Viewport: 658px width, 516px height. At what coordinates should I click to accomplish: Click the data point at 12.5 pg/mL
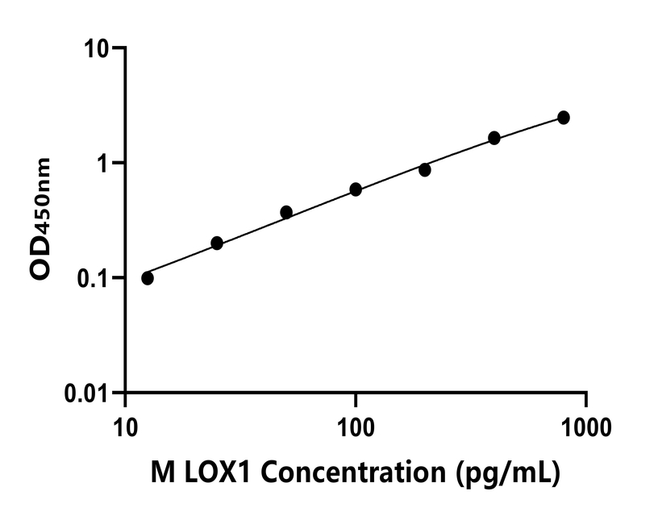click(148, 278)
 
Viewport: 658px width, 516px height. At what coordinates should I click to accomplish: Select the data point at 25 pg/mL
click(217, 243)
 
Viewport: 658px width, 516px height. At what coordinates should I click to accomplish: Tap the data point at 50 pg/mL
click(286, 212)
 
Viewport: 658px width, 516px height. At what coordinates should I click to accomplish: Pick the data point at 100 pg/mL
click(356, 189)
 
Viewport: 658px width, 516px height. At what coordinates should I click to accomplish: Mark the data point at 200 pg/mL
click(425, 170)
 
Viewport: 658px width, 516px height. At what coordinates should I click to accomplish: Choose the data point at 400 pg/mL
click(494, 138)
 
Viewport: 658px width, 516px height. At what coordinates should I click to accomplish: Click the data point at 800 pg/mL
click(564, 118)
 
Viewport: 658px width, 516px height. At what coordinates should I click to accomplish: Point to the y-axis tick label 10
click(97, 49)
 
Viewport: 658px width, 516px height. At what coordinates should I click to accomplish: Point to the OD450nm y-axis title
click(40, 219)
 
